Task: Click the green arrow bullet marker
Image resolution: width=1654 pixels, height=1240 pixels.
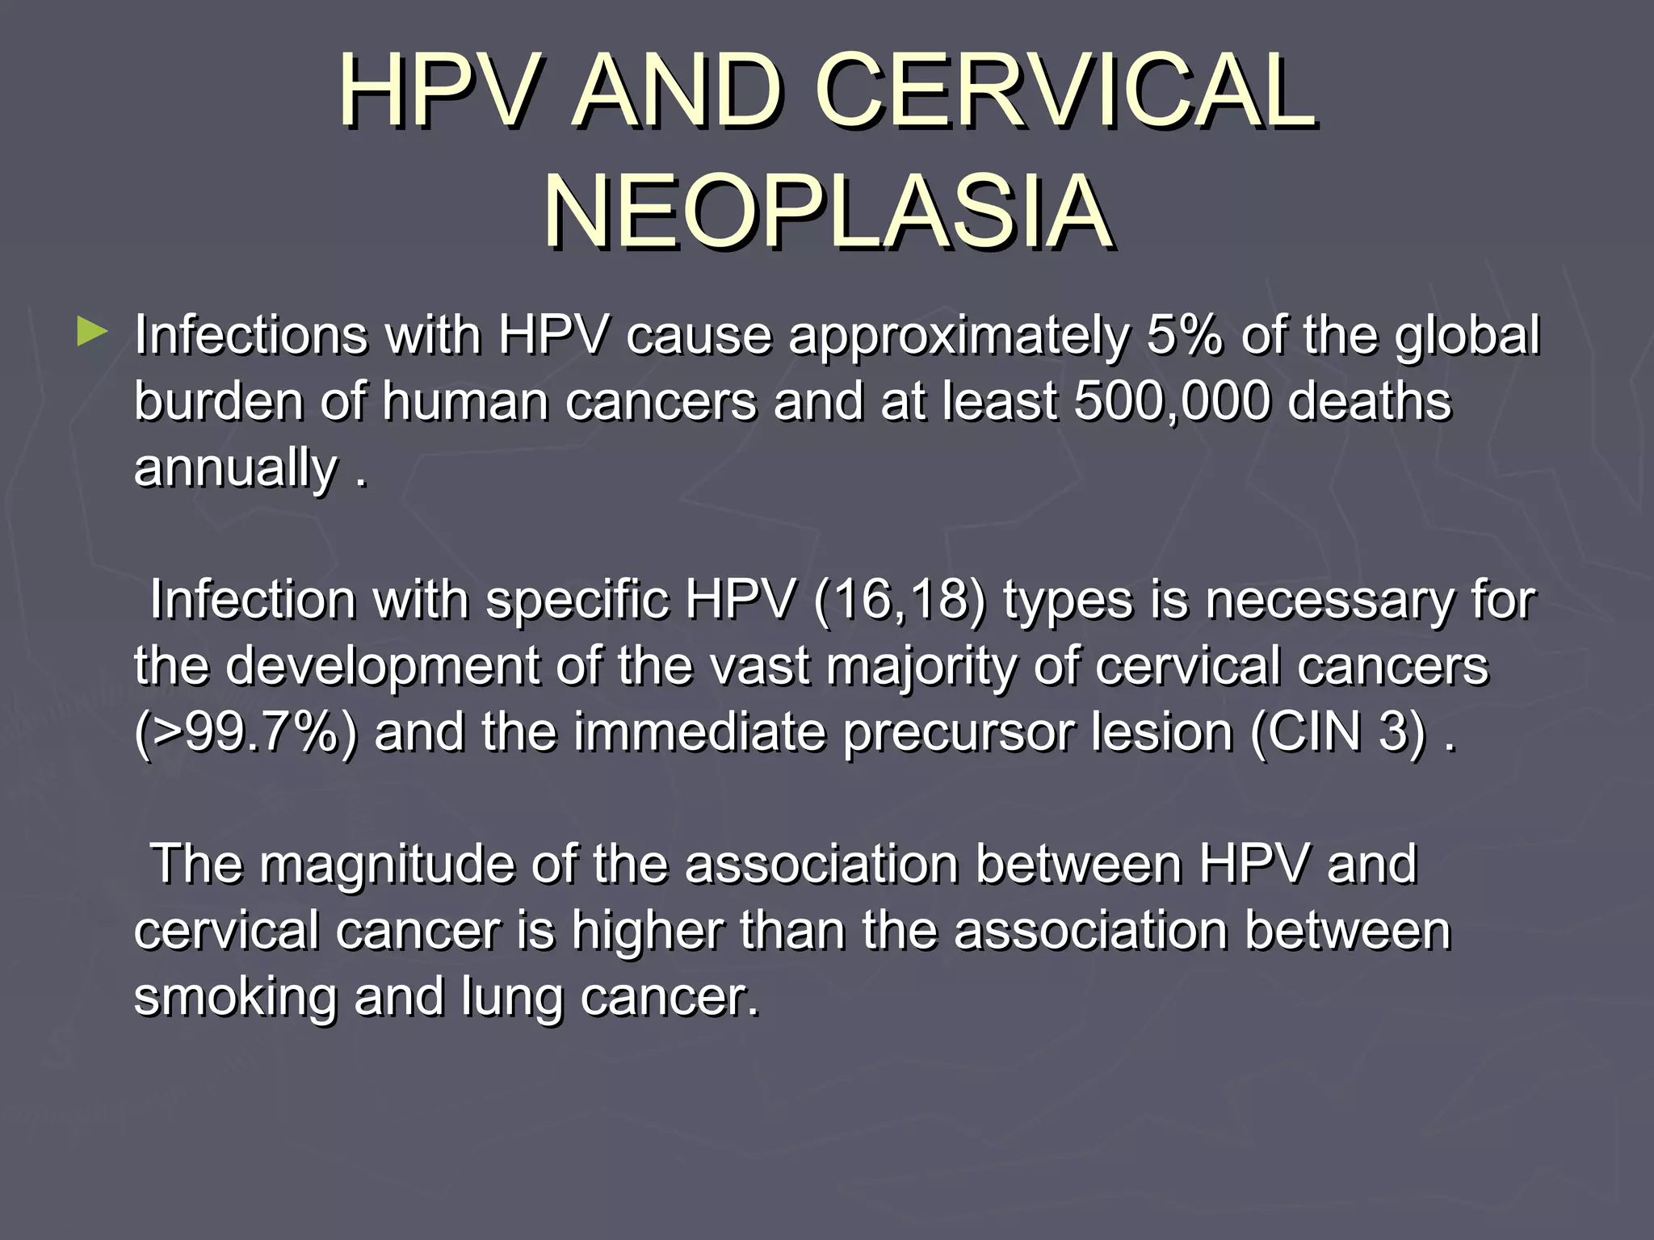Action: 92,332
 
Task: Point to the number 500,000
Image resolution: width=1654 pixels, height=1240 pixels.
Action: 1172,401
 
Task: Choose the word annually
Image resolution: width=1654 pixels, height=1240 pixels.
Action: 235,469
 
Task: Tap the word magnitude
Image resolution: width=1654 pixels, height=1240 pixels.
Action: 387,865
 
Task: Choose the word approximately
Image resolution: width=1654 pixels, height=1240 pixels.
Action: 959,335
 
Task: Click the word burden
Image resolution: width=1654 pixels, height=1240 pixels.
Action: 219,401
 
